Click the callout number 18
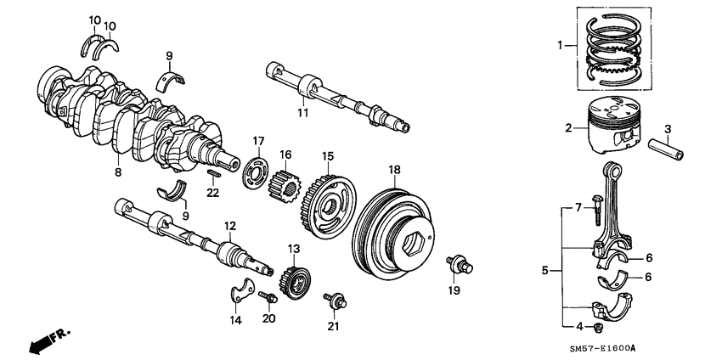click(x=392, y=171)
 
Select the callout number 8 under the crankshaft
click(x=117, y=172)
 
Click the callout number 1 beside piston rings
click(x=560, y=46)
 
